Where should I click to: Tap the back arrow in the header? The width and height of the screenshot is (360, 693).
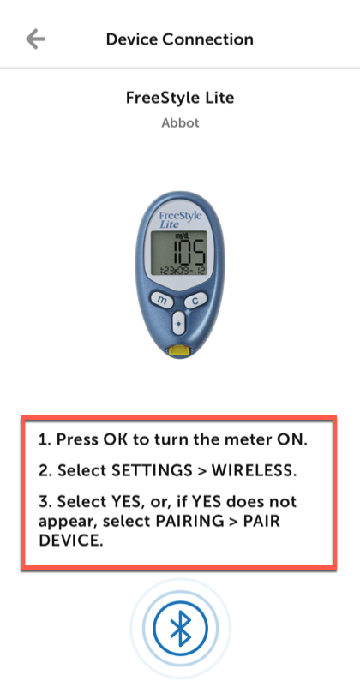(x=35, y=39)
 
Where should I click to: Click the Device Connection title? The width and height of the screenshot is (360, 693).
(x=179, y=39)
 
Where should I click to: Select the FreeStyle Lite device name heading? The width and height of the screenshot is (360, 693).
(x=180, y=98)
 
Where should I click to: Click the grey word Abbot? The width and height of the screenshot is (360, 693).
(x=180, y=122)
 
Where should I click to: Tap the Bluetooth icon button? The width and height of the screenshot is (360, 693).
(x=180, y=628)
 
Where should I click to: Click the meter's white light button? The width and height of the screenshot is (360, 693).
(x=178, y=323)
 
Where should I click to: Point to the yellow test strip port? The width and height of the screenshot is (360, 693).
(x=178, y=351)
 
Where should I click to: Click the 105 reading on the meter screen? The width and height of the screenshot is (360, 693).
(x=189, y=252)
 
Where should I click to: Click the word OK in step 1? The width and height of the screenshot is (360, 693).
(x=114, y=439)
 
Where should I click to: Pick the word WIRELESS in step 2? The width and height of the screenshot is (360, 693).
(x=254, y=470)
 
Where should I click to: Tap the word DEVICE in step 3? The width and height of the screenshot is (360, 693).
(x=70, y=541)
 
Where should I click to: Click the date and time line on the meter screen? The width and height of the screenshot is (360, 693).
(x=179, y=270)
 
